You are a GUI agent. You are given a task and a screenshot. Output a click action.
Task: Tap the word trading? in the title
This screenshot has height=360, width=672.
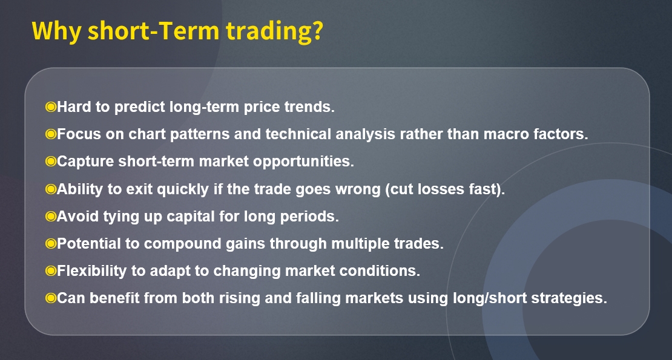coord(274,31)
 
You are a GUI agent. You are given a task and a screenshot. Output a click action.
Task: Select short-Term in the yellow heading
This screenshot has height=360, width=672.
coord(153,31)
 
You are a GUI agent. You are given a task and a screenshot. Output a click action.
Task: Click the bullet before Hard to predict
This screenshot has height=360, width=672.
coord(51,106)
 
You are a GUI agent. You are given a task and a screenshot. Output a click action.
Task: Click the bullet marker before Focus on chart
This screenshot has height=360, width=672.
coord(51,134)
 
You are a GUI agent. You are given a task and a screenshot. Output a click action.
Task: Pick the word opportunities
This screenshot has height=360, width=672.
coord(303,162)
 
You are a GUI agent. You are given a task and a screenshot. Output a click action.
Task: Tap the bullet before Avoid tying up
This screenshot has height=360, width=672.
coord(51,216)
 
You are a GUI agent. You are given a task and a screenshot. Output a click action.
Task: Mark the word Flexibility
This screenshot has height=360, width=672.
coord(91,271)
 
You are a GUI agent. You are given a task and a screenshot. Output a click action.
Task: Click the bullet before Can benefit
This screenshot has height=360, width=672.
coord(51,298)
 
